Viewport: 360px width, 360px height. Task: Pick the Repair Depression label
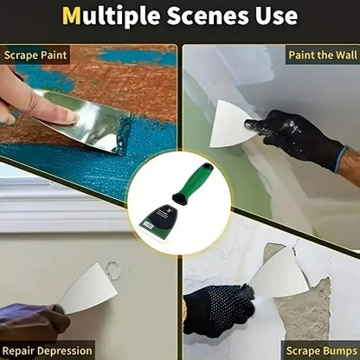click(48, 350)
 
